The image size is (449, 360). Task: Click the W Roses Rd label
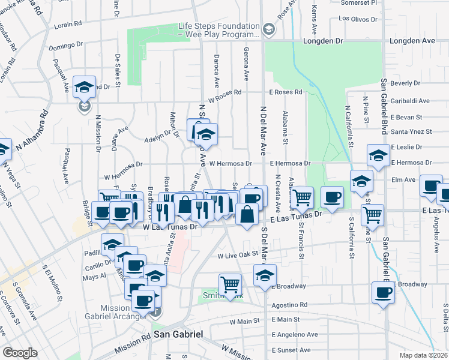(x=224, y=92)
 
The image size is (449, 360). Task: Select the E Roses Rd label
(x=285, y=92)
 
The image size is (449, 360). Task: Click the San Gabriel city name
(x=178, y=334)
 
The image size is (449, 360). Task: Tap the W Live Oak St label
(x=237, y=255)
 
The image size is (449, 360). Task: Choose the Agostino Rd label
(x=289, y=305)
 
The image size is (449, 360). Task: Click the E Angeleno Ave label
(x=294, y=334)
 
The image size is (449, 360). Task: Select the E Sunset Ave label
(x=291, y=350)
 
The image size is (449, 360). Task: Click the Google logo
(x=20, y=353)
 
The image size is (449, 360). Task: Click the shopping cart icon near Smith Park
(x=230, y=284)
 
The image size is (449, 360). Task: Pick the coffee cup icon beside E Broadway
(x=382, y=293)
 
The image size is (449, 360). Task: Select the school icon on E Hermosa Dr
(x=378, y=157)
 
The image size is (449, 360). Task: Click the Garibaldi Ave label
(x=410, y=101)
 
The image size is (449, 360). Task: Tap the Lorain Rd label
(x=68, y=25)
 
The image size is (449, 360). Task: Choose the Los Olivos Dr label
(x=358, y=18)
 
